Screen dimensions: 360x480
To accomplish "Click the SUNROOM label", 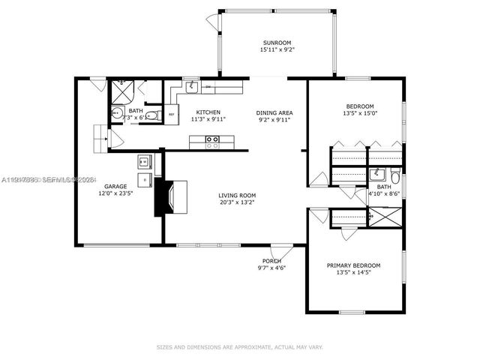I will (277, 43).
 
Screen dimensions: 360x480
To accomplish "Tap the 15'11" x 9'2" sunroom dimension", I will (277, 50).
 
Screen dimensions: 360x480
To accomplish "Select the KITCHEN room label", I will (208, 111).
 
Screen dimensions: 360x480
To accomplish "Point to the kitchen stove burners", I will (212, 139).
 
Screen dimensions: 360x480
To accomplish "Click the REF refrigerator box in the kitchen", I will (172, 115).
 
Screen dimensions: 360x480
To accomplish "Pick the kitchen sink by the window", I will (192, 87).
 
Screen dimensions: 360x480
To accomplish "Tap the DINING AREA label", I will (274, 112).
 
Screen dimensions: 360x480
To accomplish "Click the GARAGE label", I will (115, 185).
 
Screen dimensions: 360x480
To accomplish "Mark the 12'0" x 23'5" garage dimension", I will (115, 193).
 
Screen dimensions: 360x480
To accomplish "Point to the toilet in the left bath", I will (151, 115).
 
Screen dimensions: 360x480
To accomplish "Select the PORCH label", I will (271, 260).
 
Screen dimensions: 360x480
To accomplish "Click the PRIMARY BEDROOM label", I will (353, 265).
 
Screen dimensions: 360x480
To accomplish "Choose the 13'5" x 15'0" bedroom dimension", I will (360, 113).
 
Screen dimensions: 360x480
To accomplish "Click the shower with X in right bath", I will (387, 216).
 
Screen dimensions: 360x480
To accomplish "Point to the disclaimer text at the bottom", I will (239, 346).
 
